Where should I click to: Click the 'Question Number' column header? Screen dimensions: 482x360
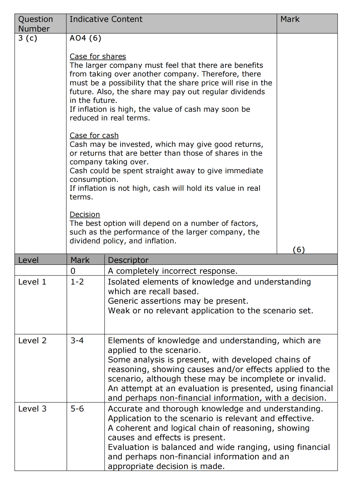tap(35, 24)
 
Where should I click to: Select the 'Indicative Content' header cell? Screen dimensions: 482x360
tap(106, 19)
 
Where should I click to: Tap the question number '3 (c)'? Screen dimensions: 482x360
tap(28, 38)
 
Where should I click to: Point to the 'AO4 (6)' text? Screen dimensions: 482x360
tap(85, 38)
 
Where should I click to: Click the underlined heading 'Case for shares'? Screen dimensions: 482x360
tap(98, 56)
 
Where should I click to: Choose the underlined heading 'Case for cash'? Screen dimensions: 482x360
tap(94, 136)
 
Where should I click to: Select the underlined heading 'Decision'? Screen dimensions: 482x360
tap(85, 214)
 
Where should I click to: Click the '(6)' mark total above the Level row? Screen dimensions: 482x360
tap(299, 249)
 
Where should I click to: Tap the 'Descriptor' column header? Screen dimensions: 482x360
tap(128, 260)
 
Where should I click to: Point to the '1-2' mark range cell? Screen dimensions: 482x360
tap(77, 282)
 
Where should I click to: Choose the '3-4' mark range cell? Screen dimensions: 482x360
tap(77, 341)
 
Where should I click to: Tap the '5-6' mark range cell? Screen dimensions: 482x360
tap(77, 409)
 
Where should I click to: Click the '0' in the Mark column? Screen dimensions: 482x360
tap(73, 271)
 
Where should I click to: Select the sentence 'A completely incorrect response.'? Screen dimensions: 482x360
tap(173, 271)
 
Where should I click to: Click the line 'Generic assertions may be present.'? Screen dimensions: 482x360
tap(178, 301)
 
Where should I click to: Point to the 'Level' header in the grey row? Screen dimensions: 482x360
tap(28, 260)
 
